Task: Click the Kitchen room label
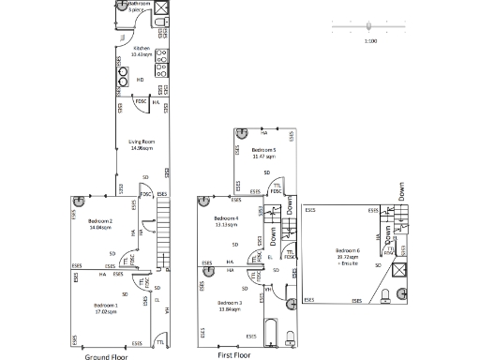(142, 51)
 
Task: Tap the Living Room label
(142, 144)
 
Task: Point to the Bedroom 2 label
(100, 223)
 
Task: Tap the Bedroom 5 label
(263, 153)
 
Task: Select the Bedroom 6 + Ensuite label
(349, 253)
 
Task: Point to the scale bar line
(370, 27)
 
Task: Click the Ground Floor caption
(106, 356)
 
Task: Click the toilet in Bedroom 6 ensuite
(388, 296)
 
